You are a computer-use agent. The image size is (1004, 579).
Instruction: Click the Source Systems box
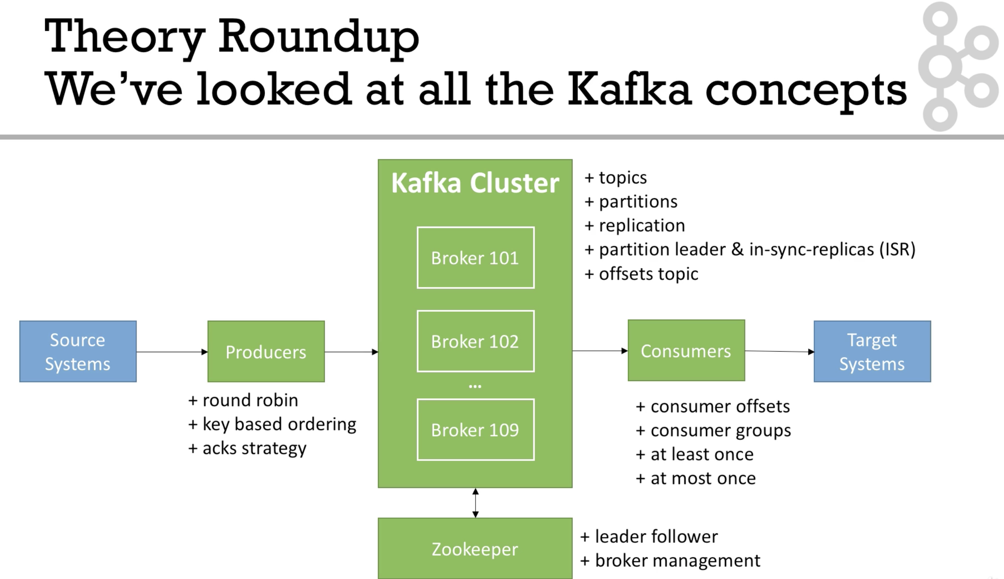click(78, 352)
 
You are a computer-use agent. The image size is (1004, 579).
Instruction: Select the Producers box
click(266, 352)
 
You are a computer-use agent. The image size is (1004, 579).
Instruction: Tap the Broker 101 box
click(476, 258)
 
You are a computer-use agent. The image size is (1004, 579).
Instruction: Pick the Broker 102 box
click(476, 341)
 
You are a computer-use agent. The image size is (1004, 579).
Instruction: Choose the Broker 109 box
click(476, 430)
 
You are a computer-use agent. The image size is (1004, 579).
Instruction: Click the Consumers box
click(686, 350)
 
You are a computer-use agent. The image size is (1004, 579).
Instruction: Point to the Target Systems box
click(872, 352)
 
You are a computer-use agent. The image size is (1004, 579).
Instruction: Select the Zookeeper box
click(475, 548)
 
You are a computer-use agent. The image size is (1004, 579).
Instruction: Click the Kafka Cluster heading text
click(475, 183)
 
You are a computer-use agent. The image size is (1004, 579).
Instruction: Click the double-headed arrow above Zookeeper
click(476, 503)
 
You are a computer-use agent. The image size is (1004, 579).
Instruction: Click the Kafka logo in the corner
click(958, 66)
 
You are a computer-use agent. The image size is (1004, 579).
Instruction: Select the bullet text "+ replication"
click(635, 226)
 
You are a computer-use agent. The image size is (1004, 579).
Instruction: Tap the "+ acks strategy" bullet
click(247, 448)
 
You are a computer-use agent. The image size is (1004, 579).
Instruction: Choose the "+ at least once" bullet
click(695, 454)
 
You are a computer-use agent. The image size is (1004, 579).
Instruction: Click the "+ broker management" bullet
click(670, 560)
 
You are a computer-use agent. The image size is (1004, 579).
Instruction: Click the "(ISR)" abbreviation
click(897, 249)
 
